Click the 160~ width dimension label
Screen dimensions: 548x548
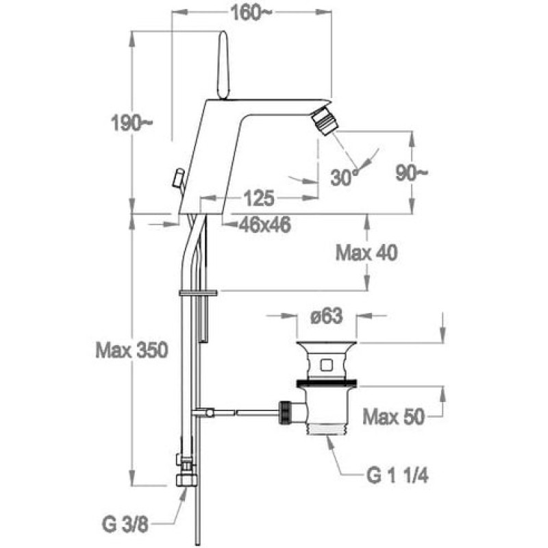(251, 14)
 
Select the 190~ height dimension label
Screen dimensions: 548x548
(132, 123)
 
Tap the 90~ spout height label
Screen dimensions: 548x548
(412, 173)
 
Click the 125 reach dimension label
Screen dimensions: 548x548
(259, 198)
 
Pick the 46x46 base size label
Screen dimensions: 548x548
(264, 225)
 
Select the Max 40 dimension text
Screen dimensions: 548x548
(366, 253)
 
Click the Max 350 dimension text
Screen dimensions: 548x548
(132, 350)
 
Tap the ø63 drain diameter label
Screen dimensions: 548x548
(327, 316)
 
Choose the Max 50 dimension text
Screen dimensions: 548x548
(393, 416)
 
